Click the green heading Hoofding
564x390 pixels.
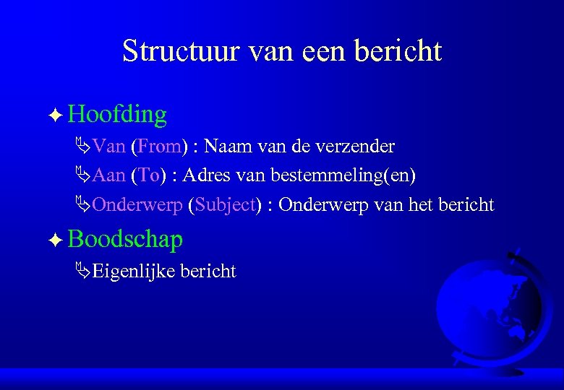tap(119, 114)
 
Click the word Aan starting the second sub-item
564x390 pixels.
tap(109, 175)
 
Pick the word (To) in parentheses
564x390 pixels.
tap(149, 175)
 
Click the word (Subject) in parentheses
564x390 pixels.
tap(223, 205)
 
